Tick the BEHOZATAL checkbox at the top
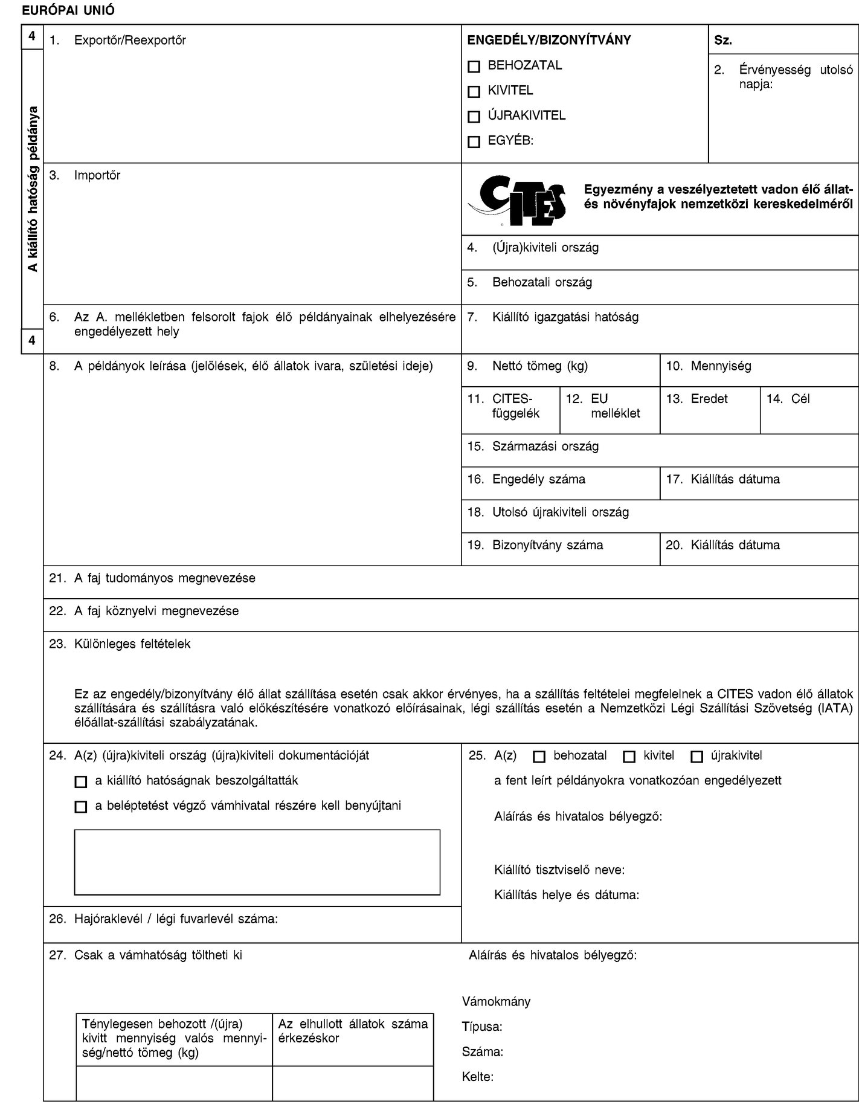[474, 66]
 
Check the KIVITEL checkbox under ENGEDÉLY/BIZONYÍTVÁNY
[474, 92]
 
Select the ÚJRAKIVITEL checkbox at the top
[474, 117]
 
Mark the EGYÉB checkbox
[474, 142]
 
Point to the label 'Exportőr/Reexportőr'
[129, 40]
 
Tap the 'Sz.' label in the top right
[723, 40]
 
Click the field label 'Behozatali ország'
[542, 282]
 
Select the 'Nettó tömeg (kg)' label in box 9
[540, 366]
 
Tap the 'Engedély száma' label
[539, 479]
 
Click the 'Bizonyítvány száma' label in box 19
[547, 545]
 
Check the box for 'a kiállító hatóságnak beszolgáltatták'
[80, 781]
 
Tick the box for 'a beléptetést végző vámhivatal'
[80, 807]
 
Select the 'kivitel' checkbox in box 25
[629, 756]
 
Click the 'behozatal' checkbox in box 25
[539, 756]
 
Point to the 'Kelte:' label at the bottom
[477, 1076]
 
